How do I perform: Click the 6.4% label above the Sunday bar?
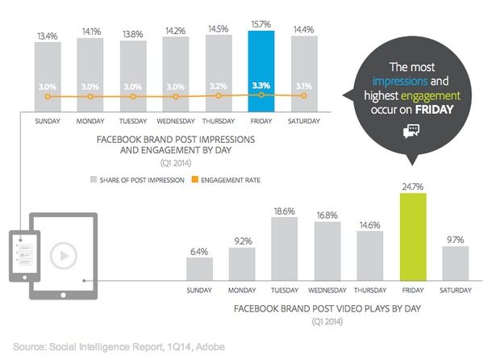pyautogui.click(x=199, y=250)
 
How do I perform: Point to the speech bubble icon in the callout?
pyautogui.click(x=411, y=132)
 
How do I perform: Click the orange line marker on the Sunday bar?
pyautogui.click(x=47, y=96)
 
